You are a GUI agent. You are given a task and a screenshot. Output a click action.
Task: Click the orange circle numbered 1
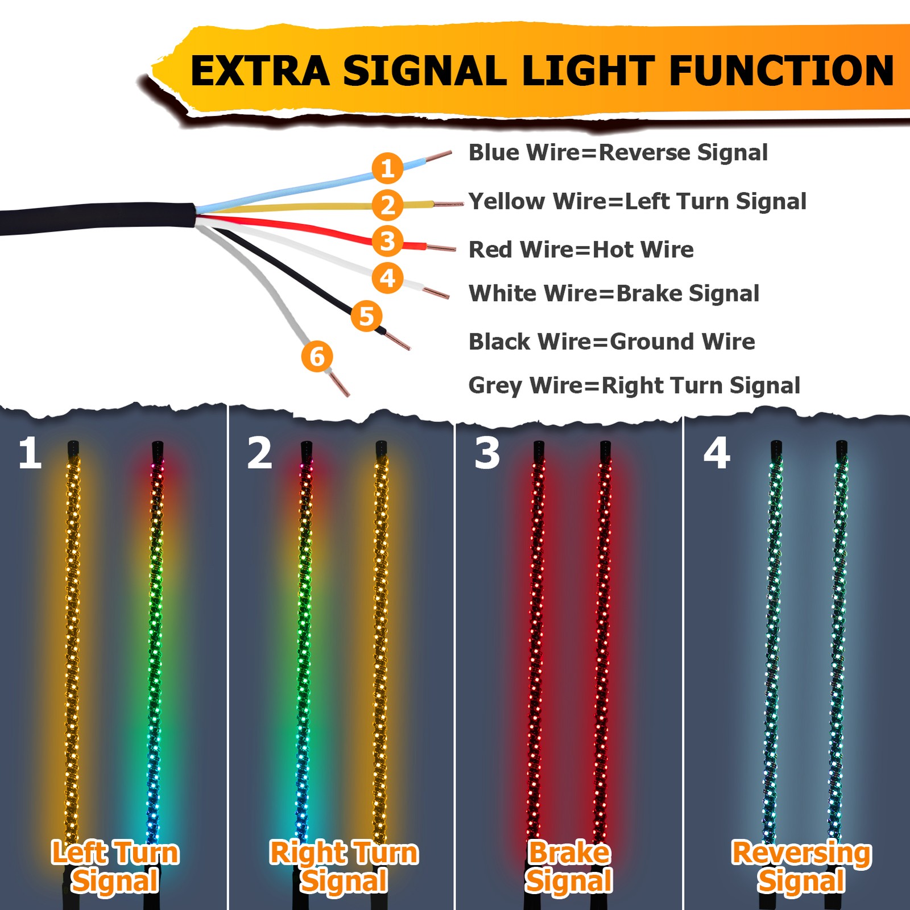pos(387,168)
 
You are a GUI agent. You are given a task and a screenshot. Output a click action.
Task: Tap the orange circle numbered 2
pos(387,205)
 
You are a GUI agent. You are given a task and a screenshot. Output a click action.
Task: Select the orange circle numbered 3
pos(387,241)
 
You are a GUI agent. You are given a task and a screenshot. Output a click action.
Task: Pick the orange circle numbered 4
pos(387,278)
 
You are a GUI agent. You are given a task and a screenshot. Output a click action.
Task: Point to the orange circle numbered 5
pos(366,316)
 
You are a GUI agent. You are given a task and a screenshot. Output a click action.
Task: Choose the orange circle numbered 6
pos(317,357)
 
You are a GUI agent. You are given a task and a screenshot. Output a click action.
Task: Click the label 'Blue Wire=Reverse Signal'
pos(618,152)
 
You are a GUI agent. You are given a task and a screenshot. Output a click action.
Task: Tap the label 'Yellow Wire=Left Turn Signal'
pos(637,201)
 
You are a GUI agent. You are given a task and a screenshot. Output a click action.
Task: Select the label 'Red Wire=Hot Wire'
pos(581,250)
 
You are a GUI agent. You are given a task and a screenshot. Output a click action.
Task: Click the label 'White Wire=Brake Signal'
pos(614,293)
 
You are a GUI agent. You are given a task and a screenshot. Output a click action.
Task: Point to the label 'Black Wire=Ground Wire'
pos(611,342)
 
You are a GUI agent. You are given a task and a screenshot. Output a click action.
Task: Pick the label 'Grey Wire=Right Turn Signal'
pos(634,386)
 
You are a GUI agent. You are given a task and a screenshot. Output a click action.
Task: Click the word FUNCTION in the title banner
pos(781,71)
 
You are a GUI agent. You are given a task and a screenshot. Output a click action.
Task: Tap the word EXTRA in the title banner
pos(260,71)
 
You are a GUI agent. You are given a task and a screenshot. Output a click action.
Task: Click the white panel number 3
pos(487,453)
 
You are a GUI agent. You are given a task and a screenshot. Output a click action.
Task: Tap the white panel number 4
pos(716,453)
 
